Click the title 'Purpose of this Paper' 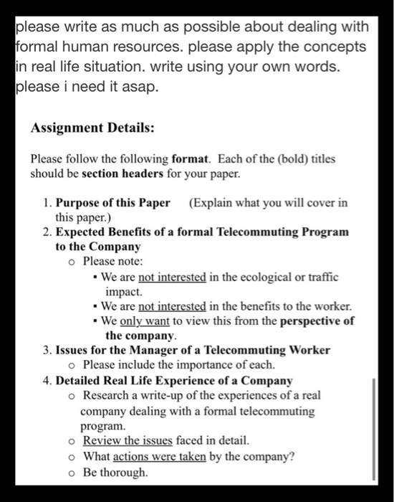tap(113, 202)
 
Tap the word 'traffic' tap(323, 277)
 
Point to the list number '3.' tap(47, 351)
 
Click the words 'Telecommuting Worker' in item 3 tap(268, 351)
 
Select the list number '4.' tap(47, 381)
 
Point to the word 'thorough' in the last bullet tap(125, 472)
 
